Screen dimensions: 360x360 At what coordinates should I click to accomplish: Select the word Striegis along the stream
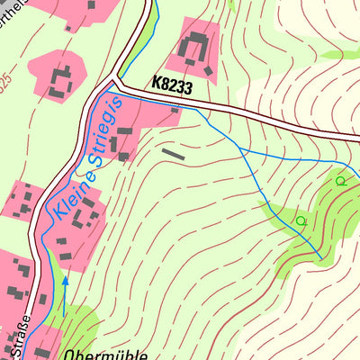click(x=94, y=141)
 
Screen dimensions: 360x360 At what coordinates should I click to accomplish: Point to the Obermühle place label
click(x=105, y=354)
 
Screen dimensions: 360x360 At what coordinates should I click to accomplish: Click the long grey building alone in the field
click(x=173, y=154)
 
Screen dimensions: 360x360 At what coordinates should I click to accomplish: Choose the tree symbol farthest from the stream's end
click(x=340, y=181)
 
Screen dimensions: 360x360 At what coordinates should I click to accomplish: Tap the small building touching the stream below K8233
click(x=175, y=109)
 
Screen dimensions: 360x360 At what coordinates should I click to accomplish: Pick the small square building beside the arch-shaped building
click(x=210, y=69)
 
